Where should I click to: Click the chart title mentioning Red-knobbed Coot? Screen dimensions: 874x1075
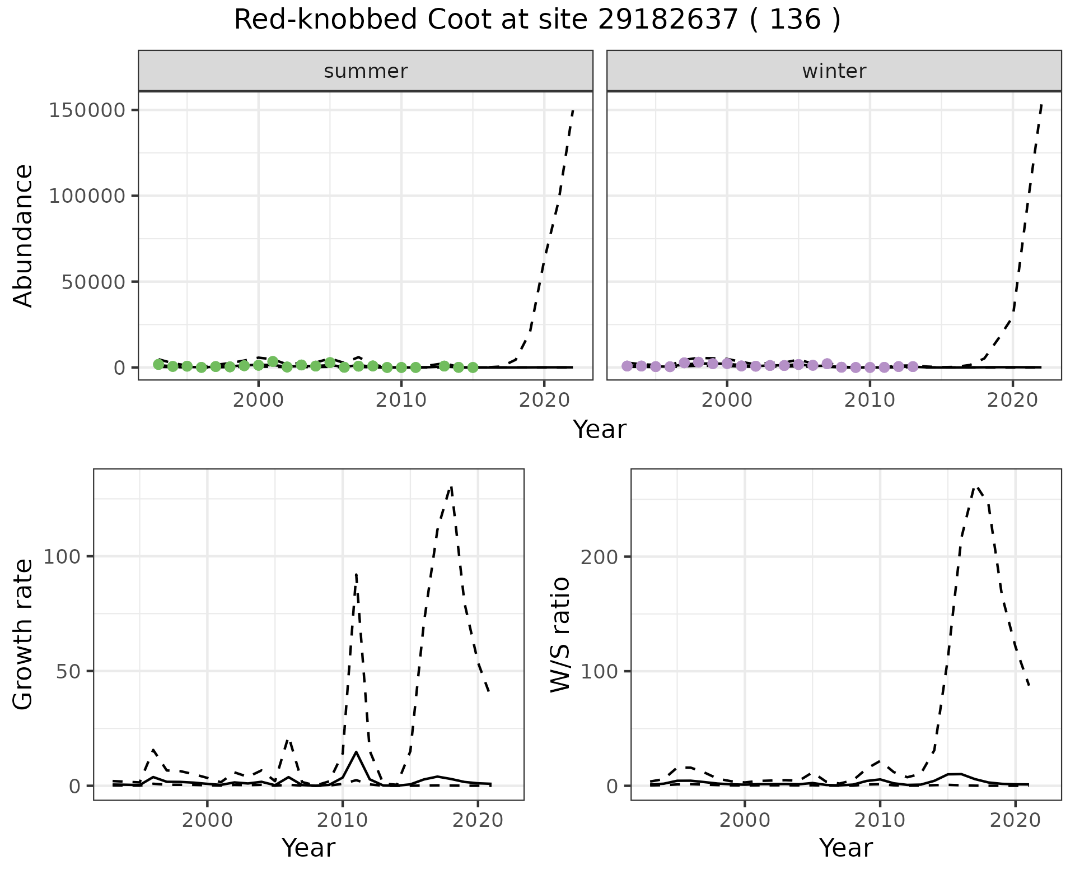tap(537, 20)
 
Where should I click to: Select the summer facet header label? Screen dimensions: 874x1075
tap(366, 71)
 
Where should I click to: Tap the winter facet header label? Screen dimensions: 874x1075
tap(834, 71)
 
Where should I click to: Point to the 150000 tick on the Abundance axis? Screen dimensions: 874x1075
tap(87, 110)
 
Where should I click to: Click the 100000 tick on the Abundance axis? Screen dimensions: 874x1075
tap(87, 196)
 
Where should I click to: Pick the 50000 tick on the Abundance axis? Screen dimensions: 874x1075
tap(93, 282)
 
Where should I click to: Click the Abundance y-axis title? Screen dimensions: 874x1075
tap(24, 235)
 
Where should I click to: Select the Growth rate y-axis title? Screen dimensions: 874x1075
tap(24, 634)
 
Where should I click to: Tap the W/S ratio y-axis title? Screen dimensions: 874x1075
tap(560, 634)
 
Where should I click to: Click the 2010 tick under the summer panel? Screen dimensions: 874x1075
tap(401, 401)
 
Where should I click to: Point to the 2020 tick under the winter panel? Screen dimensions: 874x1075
tap(1012, 401)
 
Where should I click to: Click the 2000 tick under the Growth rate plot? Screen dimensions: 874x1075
tap(208, 820)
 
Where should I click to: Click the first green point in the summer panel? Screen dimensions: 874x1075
tap(158, 364)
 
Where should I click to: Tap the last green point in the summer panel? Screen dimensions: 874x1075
tap(473, 368)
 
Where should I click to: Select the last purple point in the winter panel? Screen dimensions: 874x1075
tap(913, 366)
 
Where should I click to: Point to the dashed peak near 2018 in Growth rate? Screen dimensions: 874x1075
tap(451, 488)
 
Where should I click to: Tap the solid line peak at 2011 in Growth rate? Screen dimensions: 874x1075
tap(356, 752)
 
